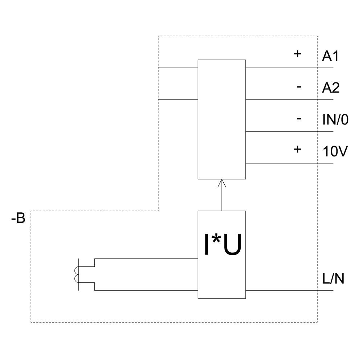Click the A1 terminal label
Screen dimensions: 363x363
pos(330,56)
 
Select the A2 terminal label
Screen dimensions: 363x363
pos(331,88)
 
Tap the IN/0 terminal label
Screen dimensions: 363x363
pos(335,120)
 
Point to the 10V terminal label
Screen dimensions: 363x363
pos(335,151)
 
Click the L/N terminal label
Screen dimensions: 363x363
pos(333,279)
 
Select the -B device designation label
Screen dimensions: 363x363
pos(18,218)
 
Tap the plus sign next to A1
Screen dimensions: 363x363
pos(297,54)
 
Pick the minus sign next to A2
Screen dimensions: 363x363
pos(299,87)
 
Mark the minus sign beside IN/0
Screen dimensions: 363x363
pos(299,118)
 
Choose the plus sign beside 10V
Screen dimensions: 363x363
pos(297,149)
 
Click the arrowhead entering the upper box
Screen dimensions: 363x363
pos(222,183)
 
